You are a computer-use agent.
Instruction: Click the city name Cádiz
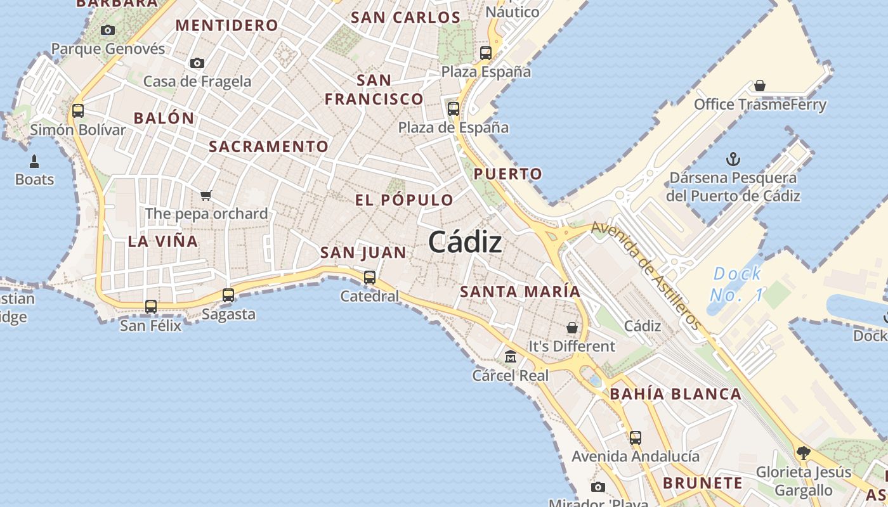[465, 241]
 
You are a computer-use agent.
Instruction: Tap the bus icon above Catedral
[370, 277]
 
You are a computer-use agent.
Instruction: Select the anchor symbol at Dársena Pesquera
[733, 159]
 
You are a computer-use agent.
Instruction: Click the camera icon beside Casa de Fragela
[197, 63]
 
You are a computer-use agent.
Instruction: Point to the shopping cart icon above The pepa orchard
[206, 195]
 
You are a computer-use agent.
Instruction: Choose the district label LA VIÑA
[163, 241]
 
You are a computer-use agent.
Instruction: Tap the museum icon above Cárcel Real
[511, 357]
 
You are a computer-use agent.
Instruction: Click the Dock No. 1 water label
[736, 284]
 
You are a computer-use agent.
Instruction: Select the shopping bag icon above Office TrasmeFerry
[759, 86]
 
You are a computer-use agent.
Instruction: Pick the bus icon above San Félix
[151, 307]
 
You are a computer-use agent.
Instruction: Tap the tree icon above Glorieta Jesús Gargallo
[803, 453]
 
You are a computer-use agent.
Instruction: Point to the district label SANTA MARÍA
[520, 292]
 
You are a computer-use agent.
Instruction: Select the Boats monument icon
[34, 161]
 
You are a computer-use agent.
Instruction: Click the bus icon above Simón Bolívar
[78, 111]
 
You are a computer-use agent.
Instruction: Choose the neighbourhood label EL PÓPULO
[404, 200]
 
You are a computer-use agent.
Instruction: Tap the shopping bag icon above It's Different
[572, 328]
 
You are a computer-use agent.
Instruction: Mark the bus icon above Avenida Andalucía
[635, 437]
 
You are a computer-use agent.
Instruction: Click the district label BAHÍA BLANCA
[676, 394]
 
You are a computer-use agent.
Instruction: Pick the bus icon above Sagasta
[228, 295]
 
